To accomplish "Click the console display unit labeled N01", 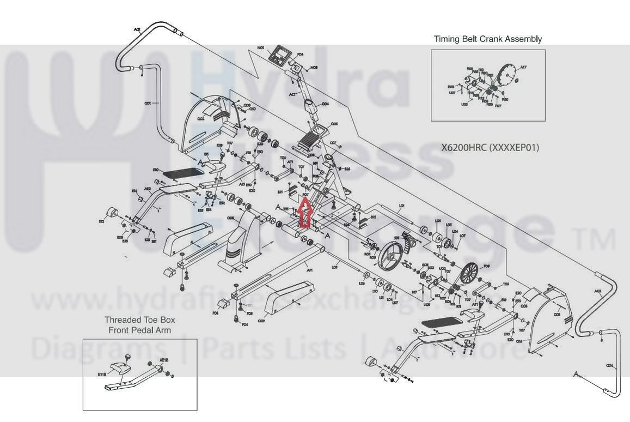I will pos(282,55).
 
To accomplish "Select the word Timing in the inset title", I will pos(446,39).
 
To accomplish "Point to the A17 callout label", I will pos(523,68).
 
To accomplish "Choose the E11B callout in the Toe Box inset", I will pos(102,375).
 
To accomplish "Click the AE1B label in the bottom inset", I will pos(164,360).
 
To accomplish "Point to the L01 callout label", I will pos(402,206).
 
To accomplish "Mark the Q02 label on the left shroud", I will pos(200,118).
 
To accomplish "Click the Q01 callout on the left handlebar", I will pos(147,103).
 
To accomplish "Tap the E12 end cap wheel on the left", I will pos(113,212).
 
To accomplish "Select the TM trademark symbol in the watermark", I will pos(600,238).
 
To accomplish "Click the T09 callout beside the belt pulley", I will pos(486,266).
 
